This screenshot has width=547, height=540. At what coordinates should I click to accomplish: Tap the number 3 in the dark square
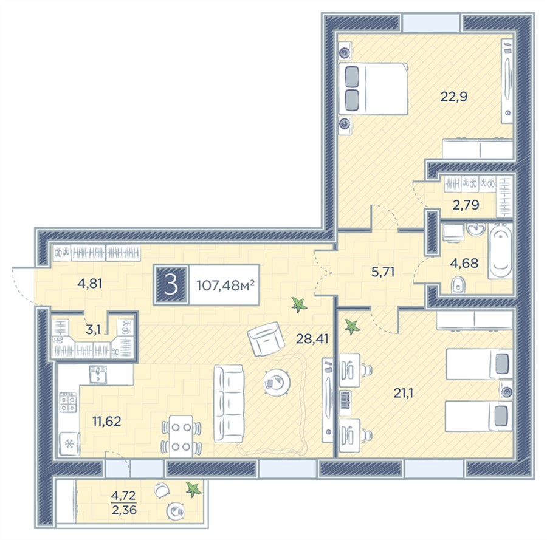171,285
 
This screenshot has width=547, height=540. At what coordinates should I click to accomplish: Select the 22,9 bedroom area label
453,96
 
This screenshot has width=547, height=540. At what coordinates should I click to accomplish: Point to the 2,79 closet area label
466,205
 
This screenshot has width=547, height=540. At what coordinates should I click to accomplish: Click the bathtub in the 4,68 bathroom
500,251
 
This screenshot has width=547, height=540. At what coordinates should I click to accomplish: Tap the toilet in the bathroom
458,285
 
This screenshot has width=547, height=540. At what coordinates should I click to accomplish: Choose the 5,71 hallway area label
383,272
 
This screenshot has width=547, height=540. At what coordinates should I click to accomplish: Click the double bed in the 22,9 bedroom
373,89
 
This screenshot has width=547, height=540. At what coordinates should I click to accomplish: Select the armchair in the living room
264,338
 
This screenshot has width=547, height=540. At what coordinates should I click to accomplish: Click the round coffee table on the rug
277,381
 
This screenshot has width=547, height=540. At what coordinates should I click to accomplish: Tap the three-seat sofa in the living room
229,404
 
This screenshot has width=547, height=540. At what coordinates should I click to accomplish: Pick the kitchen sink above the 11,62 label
98,375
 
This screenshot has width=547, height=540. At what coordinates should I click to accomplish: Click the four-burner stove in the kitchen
68,402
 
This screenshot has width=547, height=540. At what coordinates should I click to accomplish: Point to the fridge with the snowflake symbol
70,444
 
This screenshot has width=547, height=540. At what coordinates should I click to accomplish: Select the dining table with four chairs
181,436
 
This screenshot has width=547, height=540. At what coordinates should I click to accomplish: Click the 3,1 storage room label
93,329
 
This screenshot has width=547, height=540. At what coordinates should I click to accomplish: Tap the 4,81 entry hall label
90,284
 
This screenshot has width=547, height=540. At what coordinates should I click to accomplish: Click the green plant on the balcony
194,489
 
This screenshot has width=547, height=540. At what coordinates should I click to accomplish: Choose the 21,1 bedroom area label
404,393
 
